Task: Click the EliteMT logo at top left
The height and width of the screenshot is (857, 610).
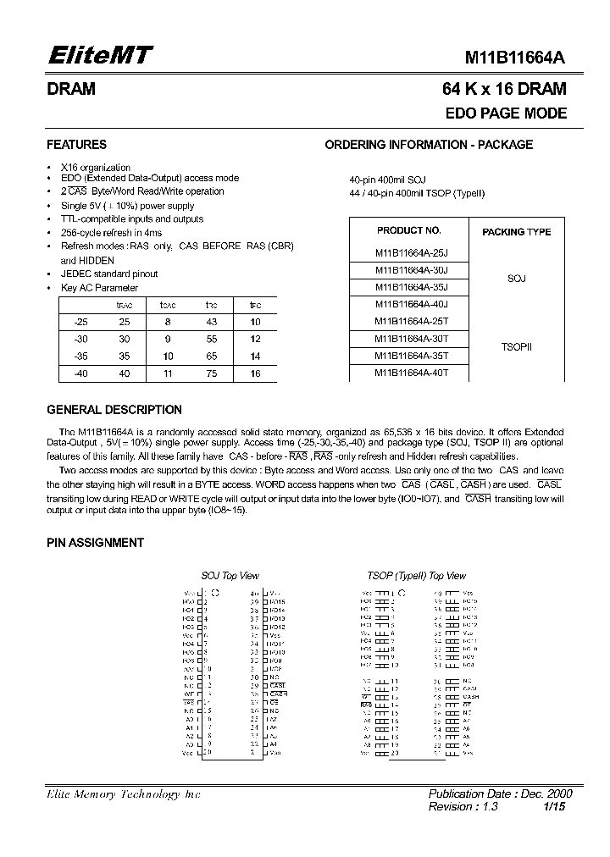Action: tap(98, 56)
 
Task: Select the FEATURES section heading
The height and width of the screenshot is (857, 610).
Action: tap(76, 145)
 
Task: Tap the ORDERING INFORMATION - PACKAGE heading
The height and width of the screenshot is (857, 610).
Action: tap(429, 145)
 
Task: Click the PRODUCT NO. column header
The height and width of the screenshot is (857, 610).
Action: tap(408, 230)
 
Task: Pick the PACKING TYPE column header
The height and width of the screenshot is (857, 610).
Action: tap(516, 231)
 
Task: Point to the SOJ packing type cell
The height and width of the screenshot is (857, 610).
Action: tap(516, 278)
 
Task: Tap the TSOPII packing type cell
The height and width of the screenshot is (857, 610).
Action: tap(516, 346)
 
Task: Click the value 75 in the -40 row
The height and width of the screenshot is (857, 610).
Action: tap(212, 373)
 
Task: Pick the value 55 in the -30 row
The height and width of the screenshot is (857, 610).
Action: tap(212, 339)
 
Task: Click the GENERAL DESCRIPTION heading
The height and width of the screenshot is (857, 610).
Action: tap(114, 410)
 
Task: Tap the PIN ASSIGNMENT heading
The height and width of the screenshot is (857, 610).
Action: tap(95, 543)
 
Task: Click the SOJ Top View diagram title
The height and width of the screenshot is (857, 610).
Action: tap(230, 576)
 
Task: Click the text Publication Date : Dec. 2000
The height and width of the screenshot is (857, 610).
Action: tap(500, 793)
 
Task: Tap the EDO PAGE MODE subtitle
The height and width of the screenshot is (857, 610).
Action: tap(506, 113)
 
